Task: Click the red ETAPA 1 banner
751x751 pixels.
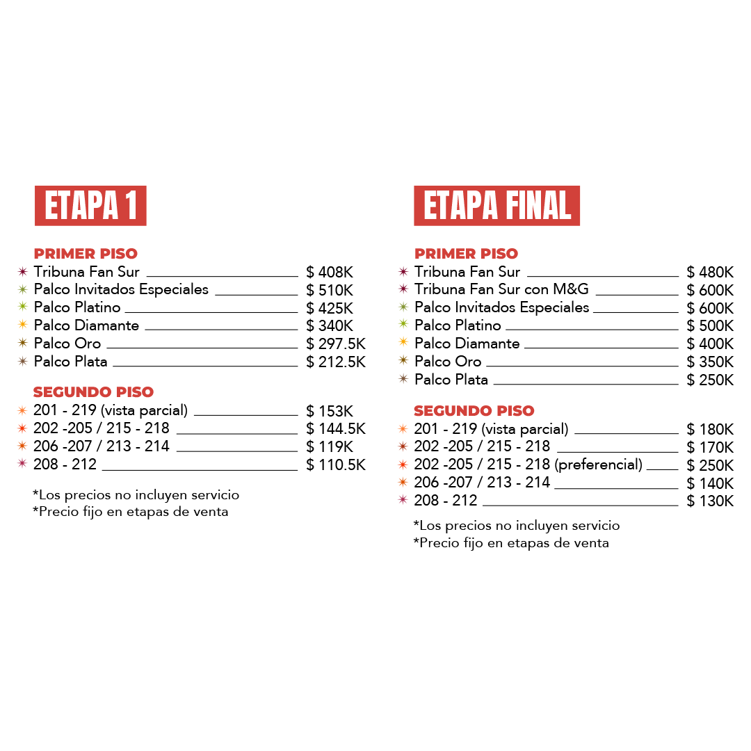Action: click(x=90, y=205)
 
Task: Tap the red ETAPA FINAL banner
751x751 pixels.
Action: click(x=496, y=205)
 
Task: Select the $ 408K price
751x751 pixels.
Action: click(x=330, y=272)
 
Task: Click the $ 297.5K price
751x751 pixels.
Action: click(x=336, y=344)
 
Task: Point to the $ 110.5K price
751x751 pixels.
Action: click(x=336, y=465)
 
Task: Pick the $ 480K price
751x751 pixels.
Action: click(x=710, y=272)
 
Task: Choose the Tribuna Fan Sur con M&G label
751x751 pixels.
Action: click(x=501, y=289)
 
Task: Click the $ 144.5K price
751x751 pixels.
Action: click(x=336, y=428)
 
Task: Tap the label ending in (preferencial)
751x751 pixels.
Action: click(x=528, y=465)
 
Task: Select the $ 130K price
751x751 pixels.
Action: click(x=710, y=501)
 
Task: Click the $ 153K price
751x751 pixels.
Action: click(x=330, y=411)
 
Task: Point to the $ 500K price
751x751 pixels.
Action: click(x=710, y=325)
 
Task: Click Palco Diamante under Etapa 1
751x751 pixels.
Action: click(x=86, y=325)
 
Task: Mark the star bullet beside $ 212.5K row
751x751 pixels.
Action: click(x=22, y=361)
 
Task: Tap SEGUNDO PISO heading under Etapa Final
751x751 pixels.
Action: click(x=474, y=410)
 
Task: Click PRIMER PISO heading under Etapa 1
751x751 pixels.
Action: click(x=86, y=253)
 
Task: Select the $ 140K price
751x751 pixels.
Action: click(x=710, y=483)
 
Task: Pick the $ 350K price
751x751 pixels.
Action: click(x=710, y=362)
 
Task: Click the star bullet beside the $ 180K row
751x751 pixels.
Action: click(x=403, y=428)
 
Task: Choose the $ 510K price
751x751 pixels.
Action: click(x=330, y=290)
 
